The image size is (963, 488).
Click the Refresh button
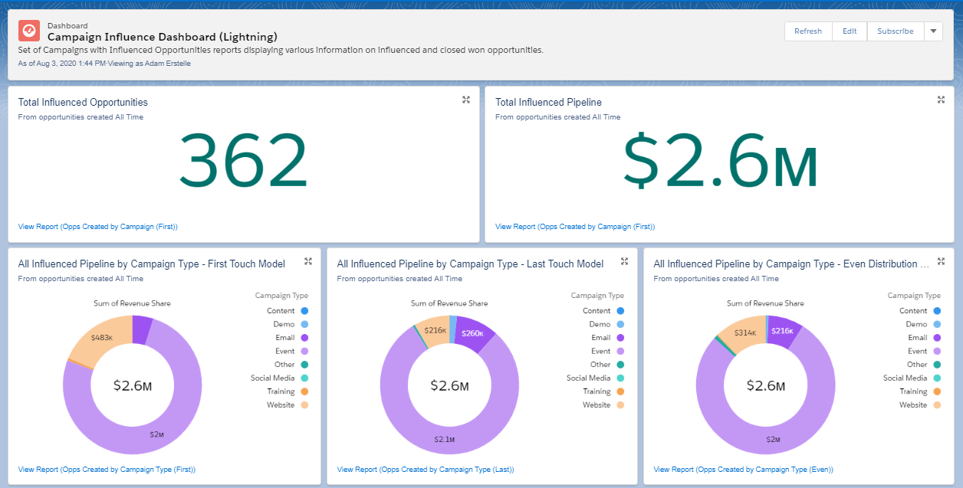tap(808, 31)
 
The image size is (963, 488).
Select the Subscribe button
tap(895, 31)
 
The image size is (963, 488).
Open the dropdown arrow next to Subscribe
tap(933, 31)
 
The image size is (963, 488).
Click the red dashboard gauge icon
tap(29, 31)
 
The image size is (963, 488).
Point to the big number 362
tap(243, 160)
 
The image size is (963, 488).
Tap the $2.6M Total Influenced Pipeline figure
tap(721, 160)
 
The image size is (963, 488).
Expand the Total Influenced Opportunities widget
tap(466, 100)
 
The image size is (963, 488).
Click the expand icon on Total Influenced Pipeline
tap(941, 100)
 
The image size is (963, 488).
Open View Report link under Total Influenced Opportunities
tap(97, 227)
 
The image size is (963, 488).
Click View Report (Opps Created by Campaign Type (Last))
tap(426, 470)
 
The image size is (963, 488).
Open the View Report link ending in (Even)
tap(743, 470)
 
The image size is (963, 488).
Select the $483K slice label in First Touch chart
tap(102, 338)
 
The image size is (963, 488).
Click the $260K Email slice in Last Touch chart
tap(472, 333)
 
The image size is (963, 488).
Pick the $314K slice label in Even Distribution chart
tap(745, 332)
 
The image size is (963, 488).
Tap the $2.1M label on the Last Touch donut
tap(444, 439)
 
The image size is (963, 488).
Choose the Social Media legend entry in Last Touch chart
tap(595, 378)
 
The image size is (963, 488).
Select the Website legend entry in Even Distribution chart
tap(920, 404)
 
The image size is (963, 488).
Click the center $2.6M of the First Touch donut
tap(133, 385)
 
